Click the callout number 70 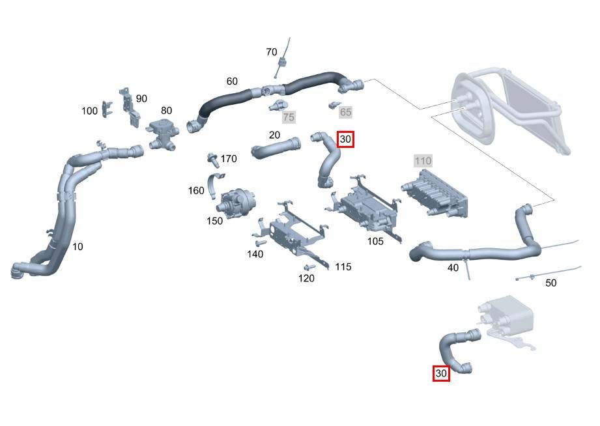(271, 52)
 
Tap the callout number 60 (232, 81)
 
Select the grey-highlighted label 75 (289, 117)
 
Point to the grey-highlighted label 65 (345, 112)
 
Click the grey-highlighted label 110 (423, 161)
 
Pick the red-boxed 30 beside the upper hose (345, 139)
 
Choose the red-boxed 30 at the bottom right (441, 373)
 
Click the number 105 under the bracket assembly (375, 241)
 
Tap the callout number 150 (215, 221)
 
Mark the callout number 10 (78, 247)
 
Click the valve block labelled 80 (163, 134)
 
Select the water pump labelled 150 (235, 203)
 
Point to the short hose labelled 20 (276, 147)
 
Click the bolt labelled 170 (213, 160)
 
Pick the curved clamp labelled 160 (214, 185)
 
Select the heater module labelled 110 (435, 193)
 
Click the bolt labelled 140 (260, 243)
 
